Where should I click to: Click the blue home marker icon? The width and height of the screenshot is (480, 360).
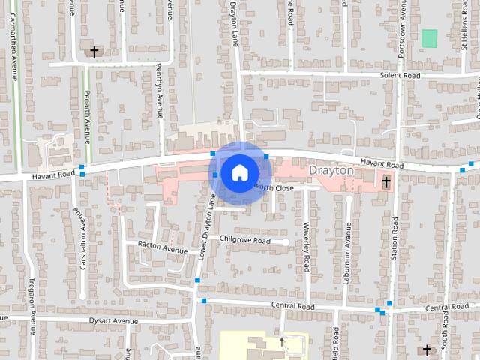[238, 172]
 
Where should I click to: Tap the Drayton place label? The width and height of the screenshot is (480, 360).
[331, 171]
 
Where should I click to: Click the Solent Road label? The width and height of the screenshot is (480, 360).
[400, 76]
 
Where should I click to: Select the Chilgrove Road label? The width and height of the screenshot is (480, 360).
[244, 240]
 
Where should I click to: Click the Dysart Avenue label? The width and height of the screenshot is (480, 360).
[115, 321]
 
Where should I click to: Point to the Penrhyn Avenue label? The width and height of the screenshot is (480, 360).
[159, 90]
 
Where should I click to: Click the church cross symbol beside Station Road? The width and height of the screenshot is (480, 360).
[386, 182]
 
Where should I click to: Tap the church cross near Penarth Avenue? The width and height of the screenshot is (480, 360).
[94, 52]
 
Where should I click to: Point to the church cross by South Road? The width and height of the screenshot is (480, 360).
[427, 349]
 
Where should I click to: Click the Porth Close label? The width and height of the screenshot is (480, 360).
[273, 188]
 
